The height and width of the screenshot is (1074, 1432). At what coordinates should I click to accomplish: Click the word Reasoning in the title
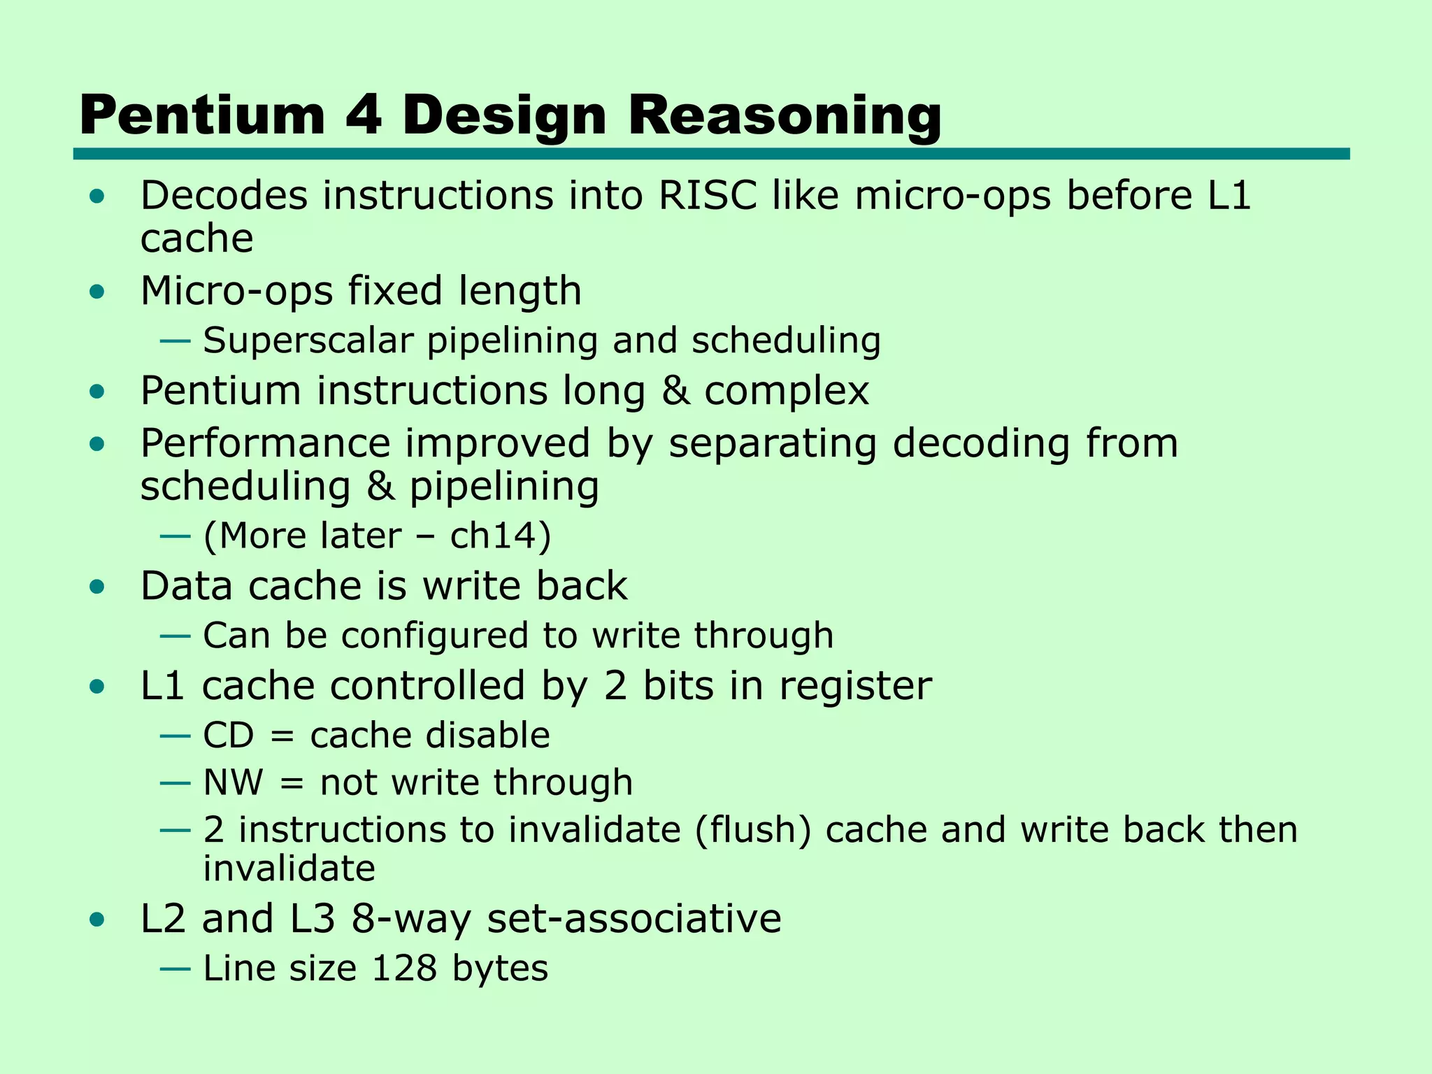coord(785,116)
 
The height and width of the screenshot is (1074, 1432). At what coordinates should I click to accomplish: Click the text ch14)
coord(501,536)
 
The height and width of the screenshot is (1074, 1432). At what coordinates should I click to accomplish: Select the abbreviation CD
coord(228,736)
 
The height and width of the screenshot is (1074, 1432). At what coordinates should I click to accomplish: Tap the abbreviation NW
coord(233,782)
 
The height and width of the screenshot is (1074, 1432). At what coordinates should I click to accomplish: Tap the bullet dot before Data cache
coord(98,587)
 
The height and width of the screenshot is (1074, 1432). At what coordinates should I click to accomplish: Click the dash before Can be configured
coord(175,636)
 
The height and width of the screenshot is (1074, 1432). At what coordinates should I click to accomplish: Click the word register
coord(855,686)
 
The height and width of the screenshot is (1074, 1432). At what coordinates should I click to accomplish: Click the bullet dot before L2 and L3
coord(98,920)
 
